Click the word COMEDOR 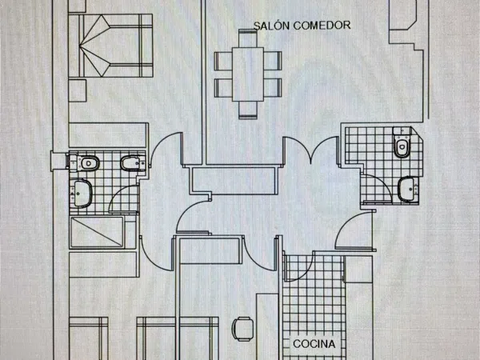(322, 26)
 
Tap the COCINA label (314, 344)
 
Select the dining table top (248, 74)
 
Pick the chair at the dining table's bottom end (248, 110)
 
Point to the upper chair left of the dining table (223, 62)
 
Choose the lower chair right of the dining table (273, 88)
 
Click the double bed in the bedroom (111, 46)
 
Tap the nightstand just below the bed (78, 90)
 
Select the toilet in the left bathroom (85, 163)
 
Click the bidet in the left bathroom (133, 163)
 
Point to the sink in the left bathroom (81, 194)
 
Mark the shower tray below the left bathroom (97, 232)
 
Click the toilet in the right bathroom (402, 142)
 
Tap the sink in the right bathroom (408, 189)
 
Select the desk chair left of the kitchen (242, 329)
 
